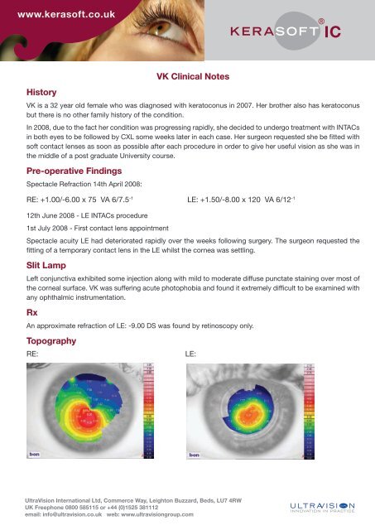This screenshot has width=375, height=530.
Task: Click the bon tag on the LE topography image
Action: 195,455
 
